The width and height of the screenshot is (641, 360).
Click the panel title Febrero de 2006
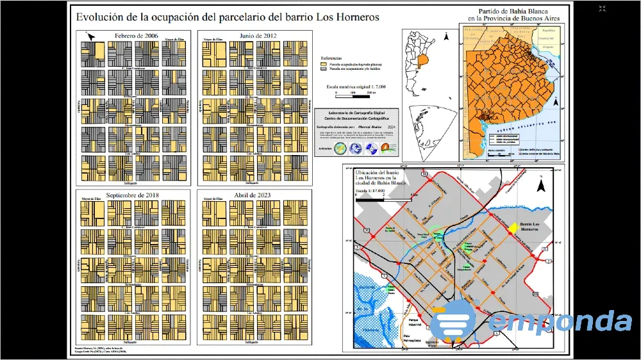point(136,35)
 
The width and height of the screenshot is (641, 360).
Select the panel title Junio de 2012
point(258,35)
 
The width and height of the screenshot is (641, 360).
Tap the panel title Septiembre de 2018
point(133,194)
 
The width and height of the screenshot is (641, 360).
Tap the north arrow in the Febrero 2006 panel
point(90,37)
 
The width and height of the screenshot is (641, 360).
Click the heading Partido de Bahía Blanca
point(515,12)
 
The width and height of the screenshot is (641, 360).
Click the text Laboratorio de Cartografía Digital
point(356,112)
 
